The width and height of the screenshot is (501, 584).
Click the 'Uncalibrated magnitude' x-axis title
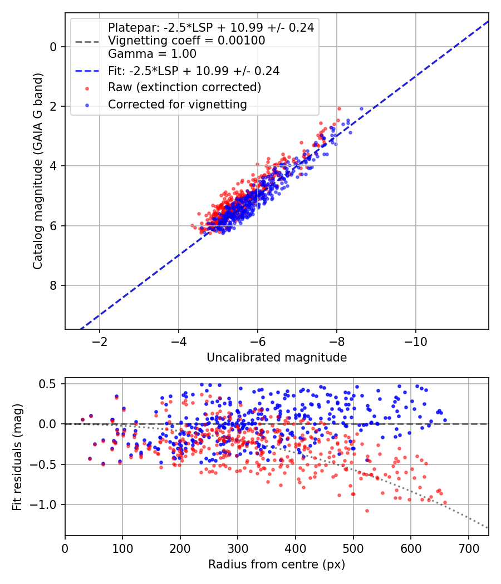coord(277,358)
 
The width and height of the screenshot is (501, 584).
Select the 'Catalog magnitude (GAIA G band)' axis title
coord(38,171)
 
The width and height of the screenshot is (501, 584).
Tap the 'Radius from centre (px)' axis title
coord(277,565)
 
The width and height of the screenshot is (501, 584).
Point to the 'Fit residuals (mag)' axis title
coord(17,457)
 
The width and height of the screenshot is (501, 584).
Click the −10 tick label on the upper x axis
coord(416,342)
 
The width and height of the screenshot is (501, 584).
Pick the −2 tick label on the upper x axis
coord(100,342)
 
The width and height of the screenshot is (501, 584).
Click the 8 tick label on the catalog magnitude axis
coord(53,285)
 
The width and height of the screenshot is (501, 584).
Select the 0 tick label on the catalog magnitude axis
coord(53,47)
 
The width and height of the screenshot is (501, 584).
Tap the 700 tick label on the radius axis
coord(468,548)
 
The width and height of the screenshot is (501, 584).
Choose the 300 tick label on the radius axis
coord(238,548)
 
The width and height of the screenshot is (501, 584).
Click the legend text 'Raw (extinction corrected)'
coord(184,87)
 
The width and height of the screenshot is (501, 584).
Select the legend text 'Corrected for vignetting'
coord(178,105)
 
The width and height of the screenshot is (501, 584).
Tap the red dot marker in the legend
coord(87,88)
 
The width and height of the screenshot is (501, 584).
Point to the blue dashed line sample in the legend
coord(87,71)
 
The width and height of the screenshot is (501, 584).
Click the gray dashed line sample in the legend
coord(87,42)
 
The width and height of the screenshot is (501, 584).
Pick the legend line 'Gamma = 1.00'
coord(152,54)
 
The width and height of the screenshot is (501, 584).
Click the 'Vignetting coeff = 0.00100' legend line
coord(186,40)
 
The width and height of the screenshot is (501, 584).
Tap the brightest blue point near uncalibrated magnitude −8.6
coord(361,109)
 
